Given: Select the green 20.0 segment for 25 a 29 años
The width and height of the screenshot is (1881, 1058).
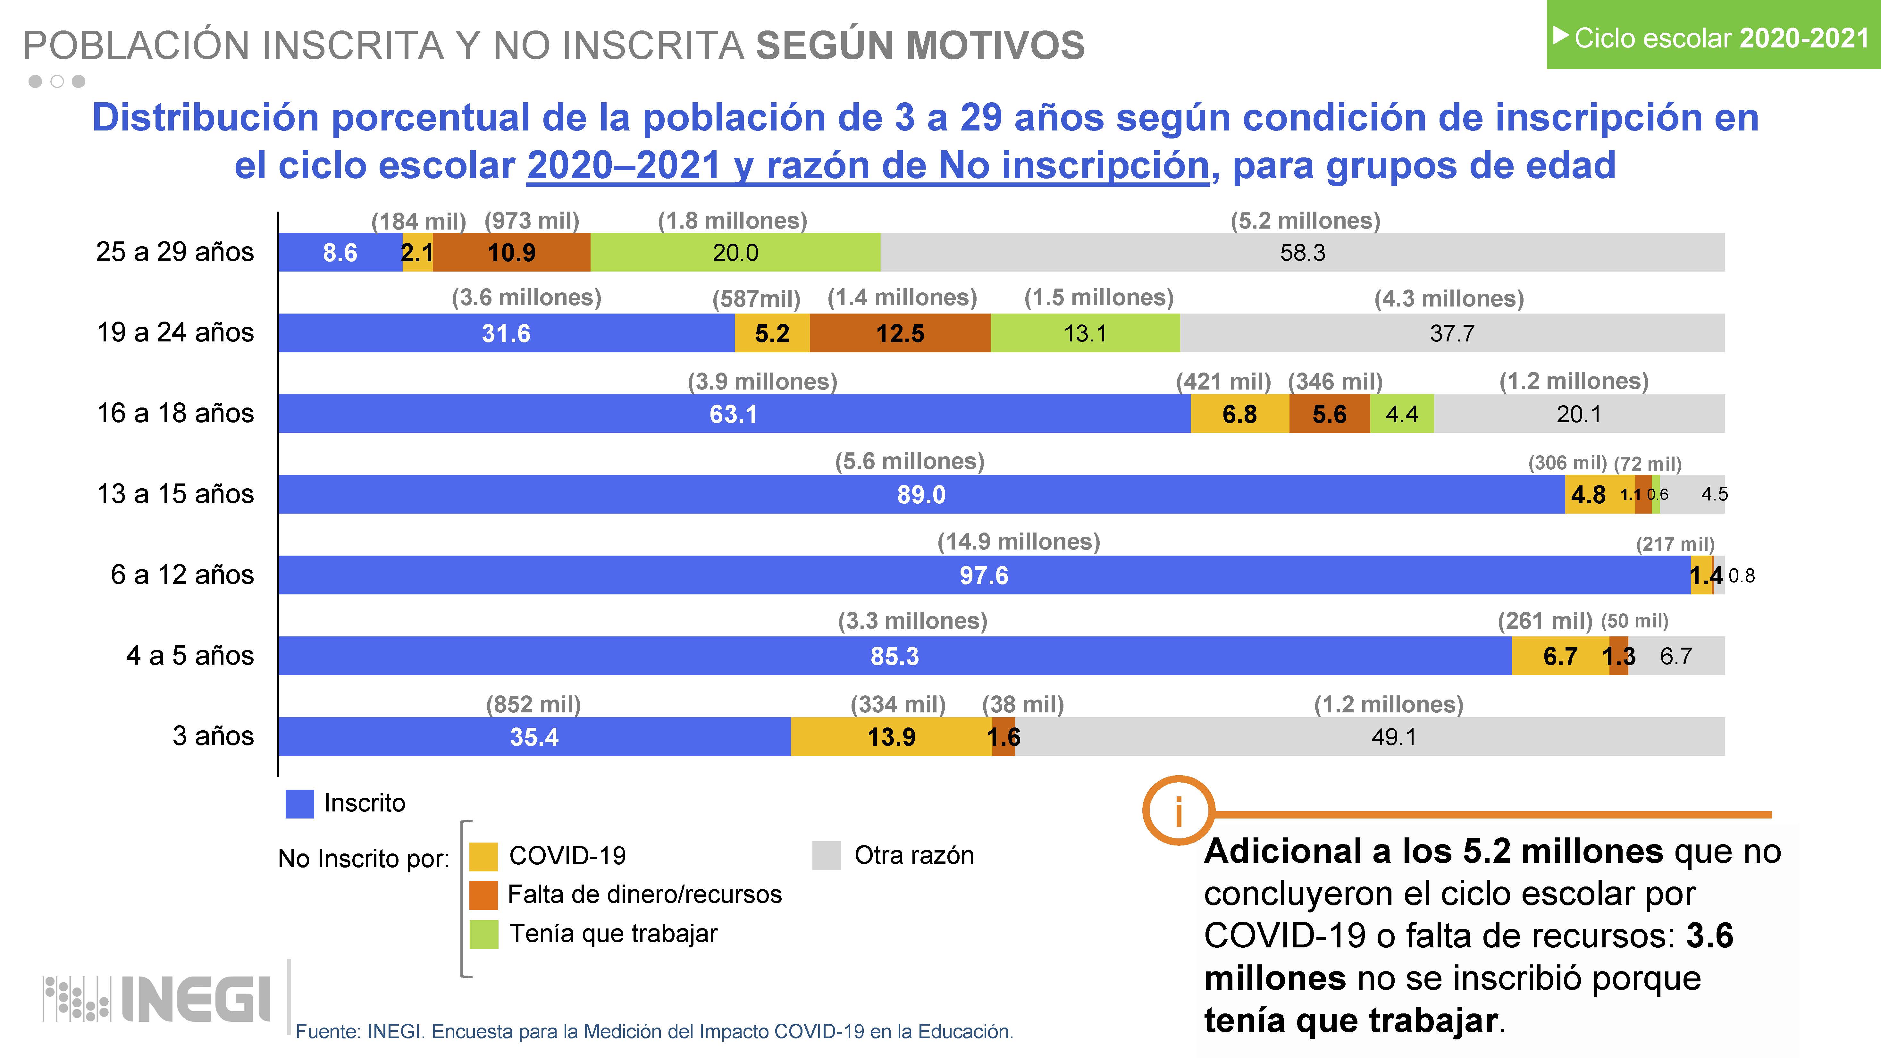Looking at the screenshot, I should [735, 253].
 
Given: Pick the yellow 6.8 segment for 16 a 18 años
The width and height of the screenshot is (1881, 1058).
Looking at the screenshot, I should [1239, 414].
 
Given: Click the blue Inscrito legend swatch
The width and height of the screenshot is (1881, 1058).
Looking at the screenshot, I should [299, 803].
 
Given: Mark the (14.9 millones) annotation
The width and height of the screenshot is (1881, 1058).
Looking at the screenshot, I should [1019, 542].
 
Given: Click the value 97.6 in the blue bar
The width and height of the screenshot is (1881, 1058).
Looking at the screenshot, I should [984, 575].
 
